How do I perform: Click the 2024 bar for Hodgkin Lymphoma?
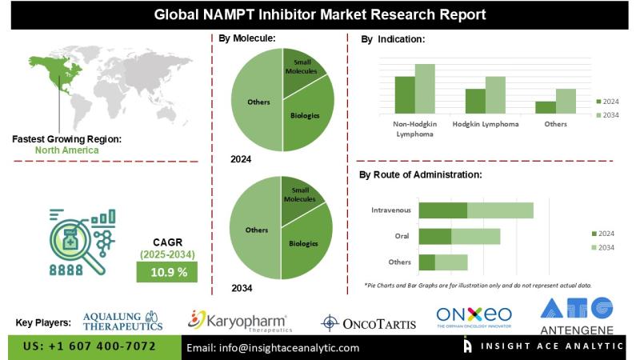[x=475, y=100]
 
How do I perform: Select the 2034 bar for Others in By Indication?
[x=566, y=100]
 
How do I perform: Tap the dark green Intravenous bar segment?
[x=442, y=210]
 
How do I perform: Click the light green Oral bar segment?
[x=476, y=236]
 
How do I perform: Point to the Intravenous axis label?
[x=391, y=210]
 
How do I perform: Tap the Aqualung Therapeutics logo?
[x=123, y=320]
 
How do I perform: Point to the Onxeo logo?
[x=474, y=318]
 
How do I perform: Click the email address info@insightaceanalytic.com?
[x=273, y=348]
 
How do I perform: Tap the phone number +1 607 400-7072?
[x=90, y=347]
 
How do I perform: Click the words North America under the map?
[x=67, y=150]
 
